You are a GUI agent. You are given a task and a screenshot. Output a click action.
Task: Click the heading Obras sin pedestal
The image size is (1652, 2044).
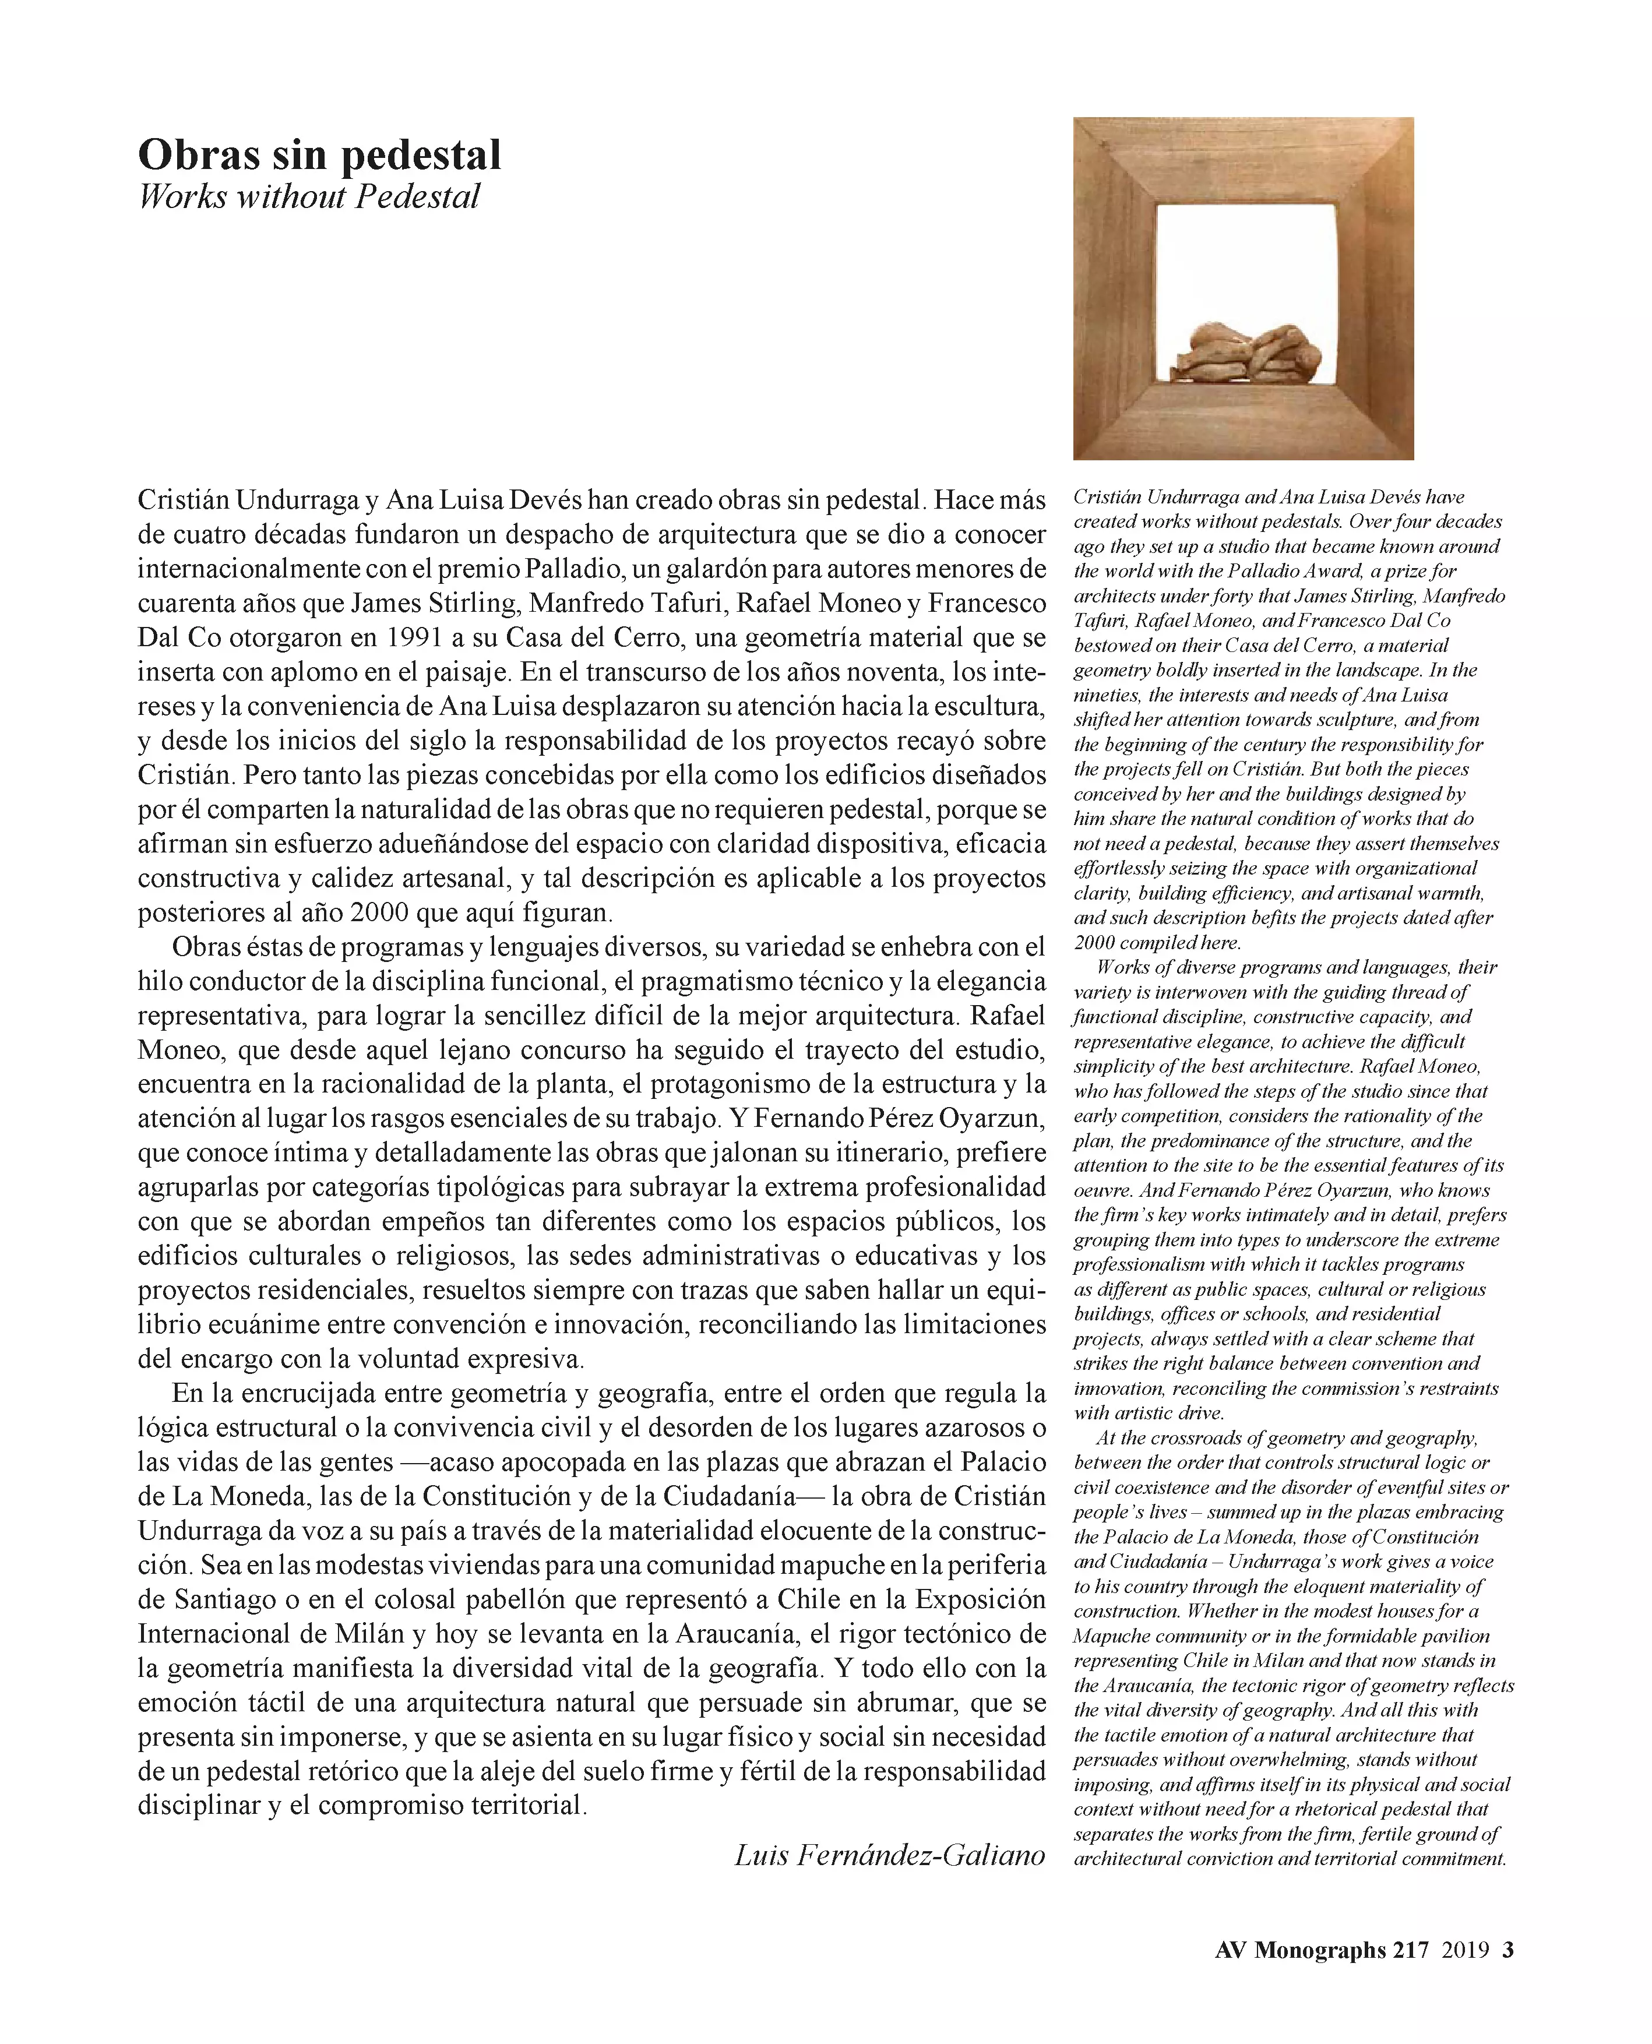(320, 155)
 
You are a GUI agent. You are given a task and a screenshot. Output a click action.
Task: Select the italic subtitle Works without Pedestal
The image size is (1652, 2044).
(309, 197)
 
